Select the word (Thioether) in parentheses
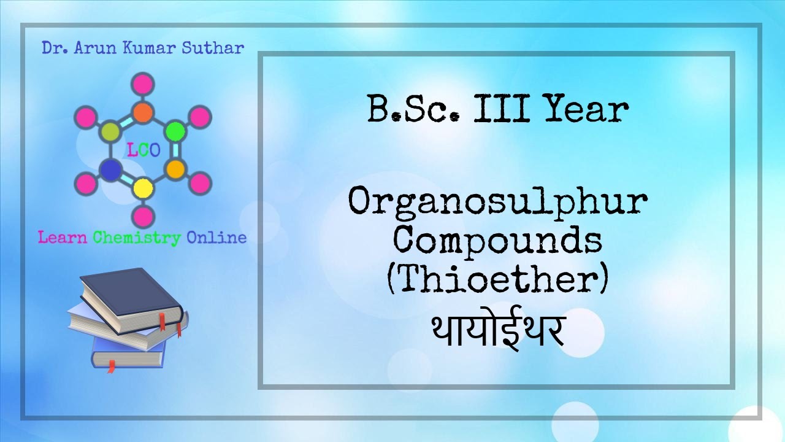coord(497,279)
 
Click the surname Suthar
coord(213,47)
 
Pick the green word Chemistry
coord(137,238)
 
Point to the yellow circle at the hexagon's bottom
coord(143,187)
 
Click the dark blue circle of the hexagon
coord(110,169)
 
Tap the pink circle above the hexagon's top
coord(143,83)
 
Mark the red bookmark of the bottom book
coord(111,366)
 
